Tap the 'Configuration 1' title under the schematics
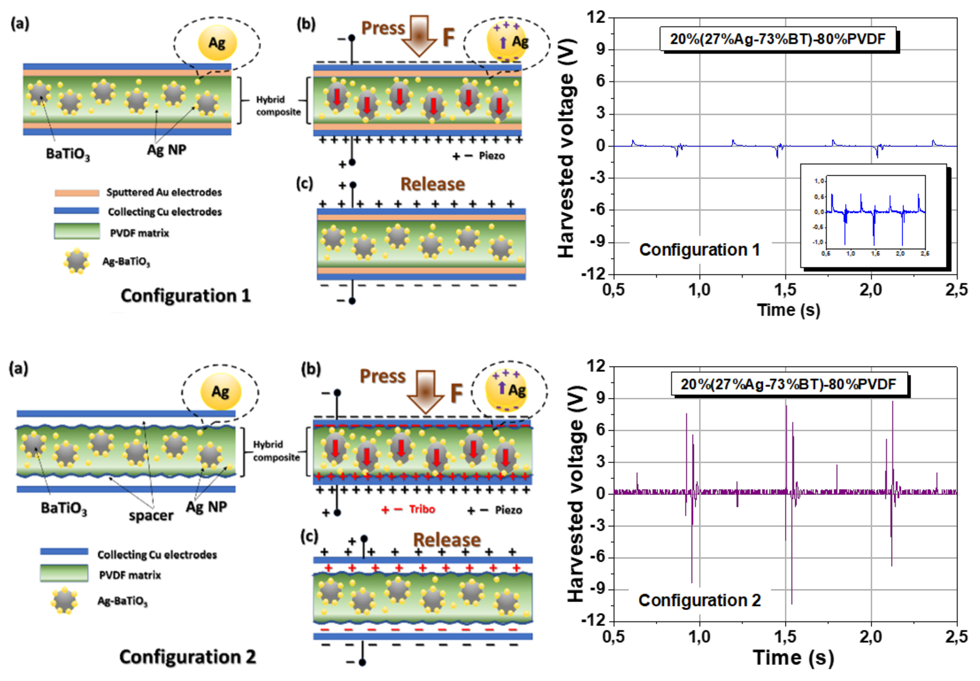coord(186,295)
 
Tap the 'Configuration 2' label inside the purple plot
coord(699,600)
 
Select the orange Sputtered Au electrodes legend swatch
coord(77,193)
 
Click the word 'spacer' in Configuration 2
coord(151,515)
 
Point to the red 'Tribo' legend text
coord(422,509)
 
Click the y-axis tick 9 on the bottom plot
coord(601,398)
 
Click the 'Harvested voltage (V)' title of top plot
coord(567,147)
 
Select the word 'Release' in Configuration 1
coord(432,184)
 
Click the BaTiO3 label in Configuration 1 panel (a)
coord(68,153)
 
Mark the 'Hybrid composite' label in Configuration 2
coord(276,451)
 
